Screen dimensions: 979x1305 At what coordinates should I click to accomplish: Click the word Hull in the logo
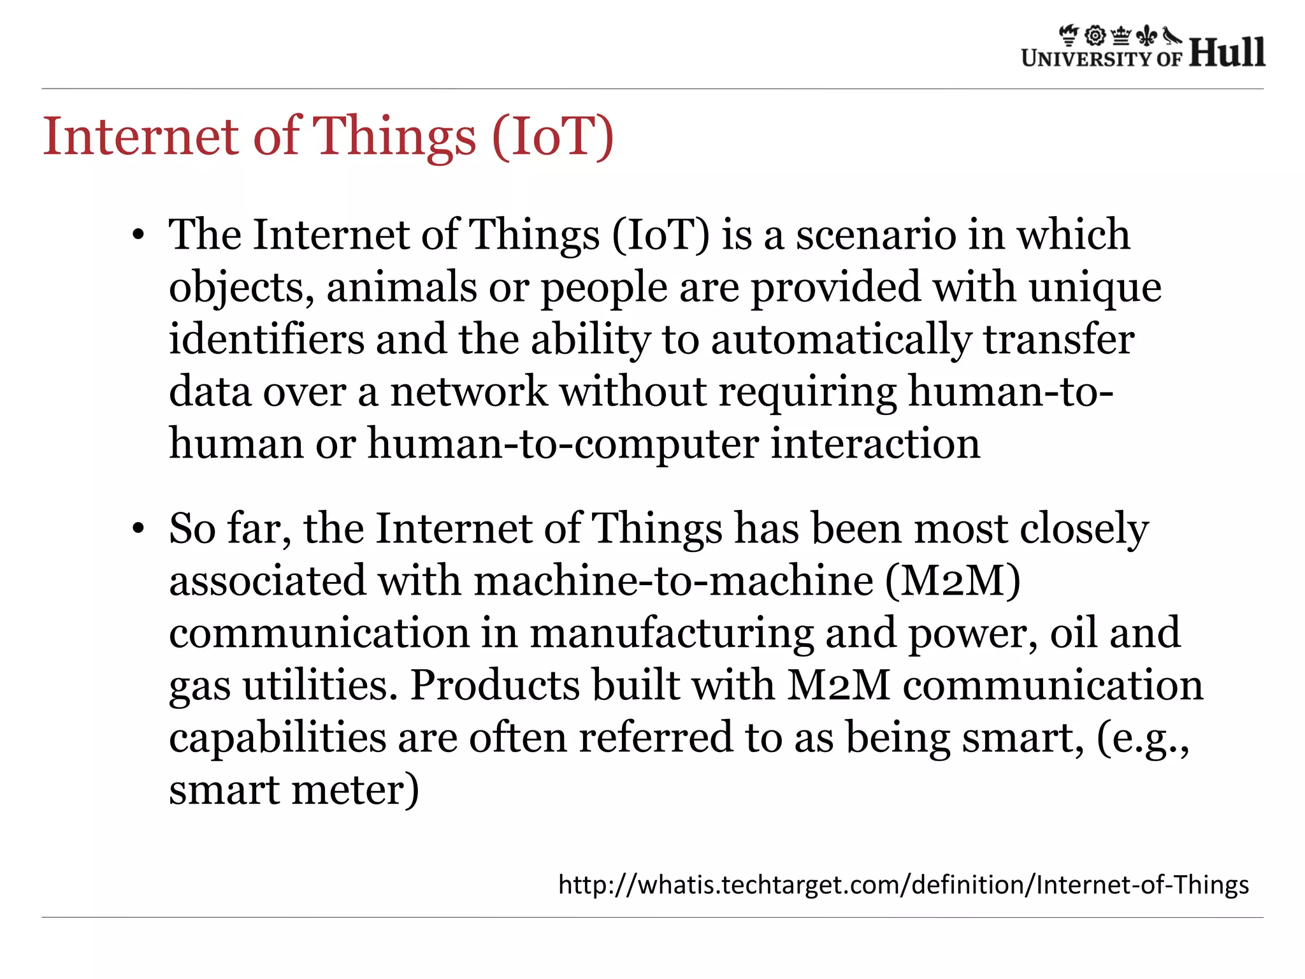click(1227, 52)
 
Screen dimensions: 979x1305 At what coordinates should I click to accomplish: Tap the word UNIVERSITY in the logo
click(1086, 59)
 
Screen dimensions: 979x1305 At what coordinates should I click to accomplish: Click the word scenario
click(876, 235)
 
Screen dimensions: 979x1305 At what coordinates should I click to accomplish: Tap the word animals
click(401, 287)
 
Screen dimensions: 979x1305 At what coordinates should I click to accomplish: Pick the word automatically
click(840, 340)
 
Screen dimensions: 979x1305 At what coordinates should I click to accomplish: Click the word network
click(468, 391)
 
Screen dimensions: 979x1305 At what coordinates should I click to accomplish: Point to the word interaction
click(875, 444)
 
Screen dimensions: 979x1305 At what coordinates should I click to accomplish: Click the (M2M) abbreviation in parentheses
click(952, 581)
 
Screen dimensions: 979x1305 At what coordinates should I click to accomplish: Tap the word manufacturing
click(672, 633)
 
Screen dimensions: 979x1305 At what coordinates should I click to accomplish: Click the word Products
click(494, 685)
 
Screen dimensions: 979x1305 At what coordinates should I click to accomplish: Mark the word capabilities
click(278, 738)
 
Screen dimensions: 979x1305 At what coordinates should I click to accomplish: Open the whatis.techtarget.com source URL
click(903, 885)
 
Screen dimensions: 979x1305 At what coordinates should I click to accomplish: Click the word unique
click(1095, 287)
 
